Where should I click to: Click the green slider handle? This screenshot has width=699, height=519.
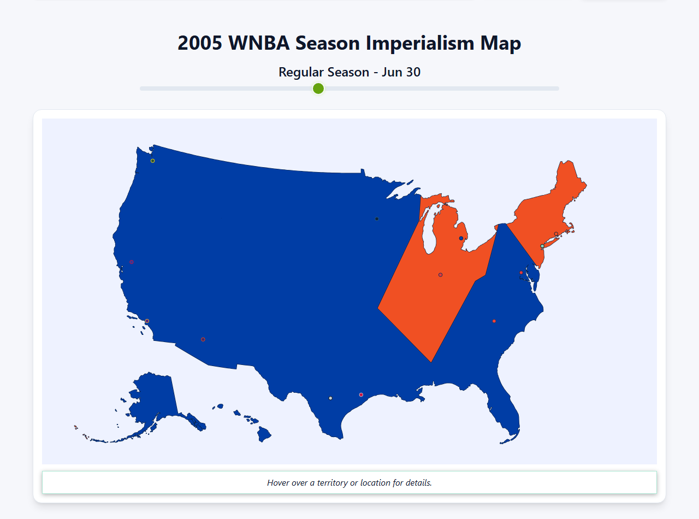click(318, 89)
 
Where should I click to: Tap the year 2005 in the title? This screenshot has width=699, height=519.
click(199, 43)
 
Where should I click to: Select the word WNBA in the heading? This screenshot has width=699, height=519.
click(259, 43)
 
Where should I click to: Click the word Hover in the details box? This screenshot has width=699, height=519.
click(279, 483)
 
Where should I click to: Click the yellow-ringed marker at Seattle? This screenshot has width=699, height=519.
click(153, 161)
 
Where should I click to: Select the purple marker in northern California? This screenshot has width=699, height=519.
click(132, 262)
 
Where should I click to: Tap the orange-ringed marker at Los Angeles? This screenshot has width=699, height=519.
click(147, 321)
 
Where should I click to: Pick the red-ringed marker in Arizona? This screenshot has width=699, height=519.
click(203, 339)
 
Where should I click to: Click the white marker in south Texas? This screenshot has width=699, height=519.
click(330, 398)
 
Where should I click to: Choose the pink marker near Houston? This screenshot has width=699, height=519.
click(361, 394)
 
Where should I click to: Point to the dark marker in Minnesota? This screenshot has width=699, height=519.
click(377, 219)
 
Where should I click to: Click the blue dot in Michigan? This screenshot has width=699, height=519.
click(461, 238)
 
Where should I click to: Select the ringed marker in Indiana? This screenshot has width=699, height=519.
click(440, 275)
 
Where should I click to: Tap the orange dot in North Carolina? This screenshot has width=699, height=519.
click(494, 321)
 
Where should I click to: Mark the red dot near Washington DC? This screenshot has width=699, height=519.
click(521, 273)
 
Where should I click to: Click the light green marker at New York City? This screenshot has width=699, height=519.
click(542, 246)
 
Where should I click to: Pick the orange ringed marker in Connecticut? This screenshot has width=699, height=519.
click(556, 234)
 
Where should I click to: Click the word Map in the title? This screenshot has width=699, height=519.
click(502, 43)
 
